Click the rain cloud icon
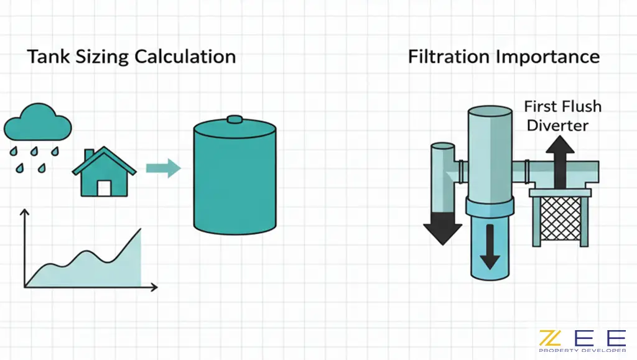pos(37,125)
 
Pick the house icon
pos(104,173)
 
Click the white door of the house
pos(104,188)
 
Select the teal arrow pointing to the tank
pos(162,168)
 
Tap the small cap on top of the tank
pos(235,120)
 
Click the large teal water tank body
pos(235,180)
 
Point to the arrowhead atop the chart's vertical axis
pos(26,214)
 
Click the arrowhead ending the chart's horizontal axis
pos(154,287)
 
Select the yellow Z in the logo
pos(549,338)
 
